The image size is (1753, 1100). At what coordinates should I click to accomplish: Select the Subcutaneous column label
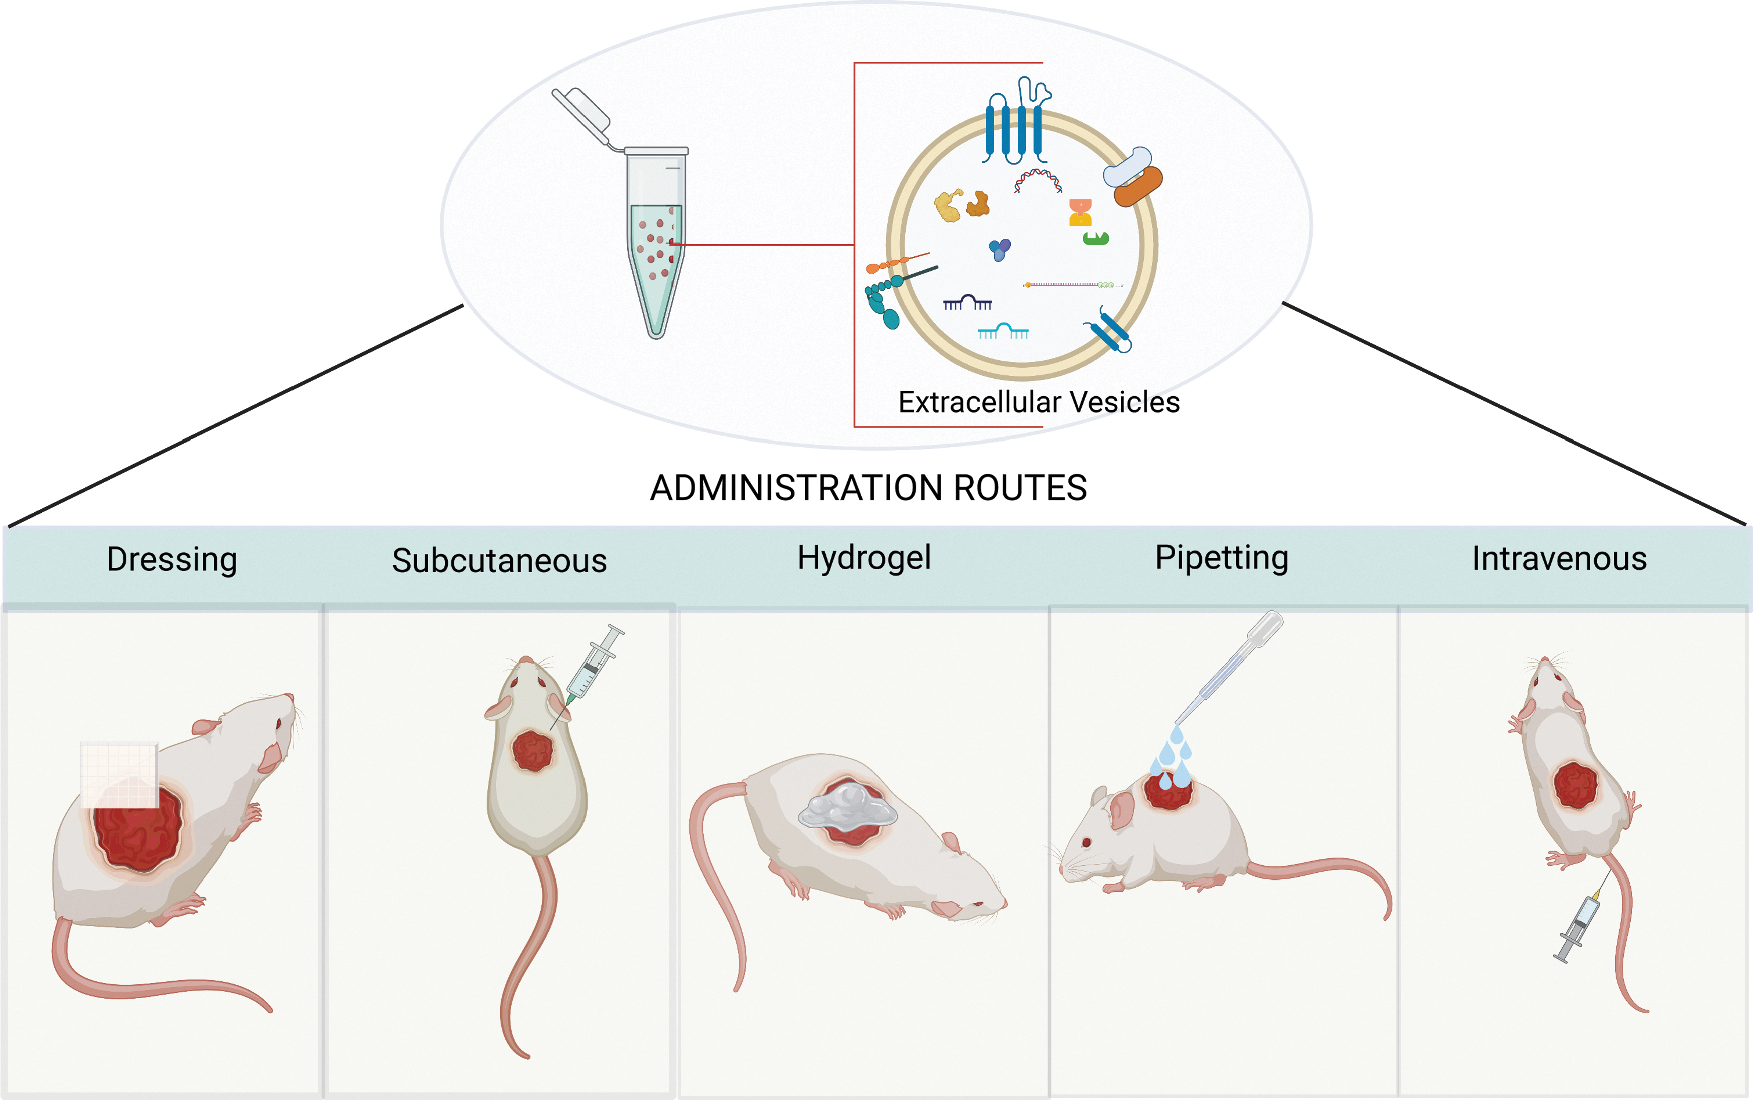499,560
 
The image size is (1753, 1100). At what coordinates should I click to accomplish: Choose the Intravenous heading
1560,559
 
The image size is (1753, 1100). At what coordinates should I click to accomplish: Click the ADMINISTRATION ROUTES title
868,488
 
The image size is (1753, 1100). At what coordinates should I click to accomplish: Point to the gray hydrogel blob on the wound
848,807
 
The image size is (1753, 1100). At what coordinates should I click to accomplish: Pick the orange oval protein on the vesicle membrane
1138,186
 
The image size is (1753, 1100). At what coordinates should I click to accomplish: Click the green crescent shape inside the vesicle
1096,238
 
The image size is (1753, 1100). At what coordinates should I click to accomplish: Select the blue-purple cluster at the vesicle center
1000,250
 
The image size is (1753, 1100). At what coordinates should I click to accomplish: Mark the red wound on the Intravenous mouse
1575,786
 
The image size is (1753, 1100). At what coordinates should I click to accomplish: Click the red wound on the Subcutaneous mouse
533,751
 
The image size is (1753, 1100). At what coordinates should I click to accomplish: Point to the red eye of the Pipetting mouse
1087,842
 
